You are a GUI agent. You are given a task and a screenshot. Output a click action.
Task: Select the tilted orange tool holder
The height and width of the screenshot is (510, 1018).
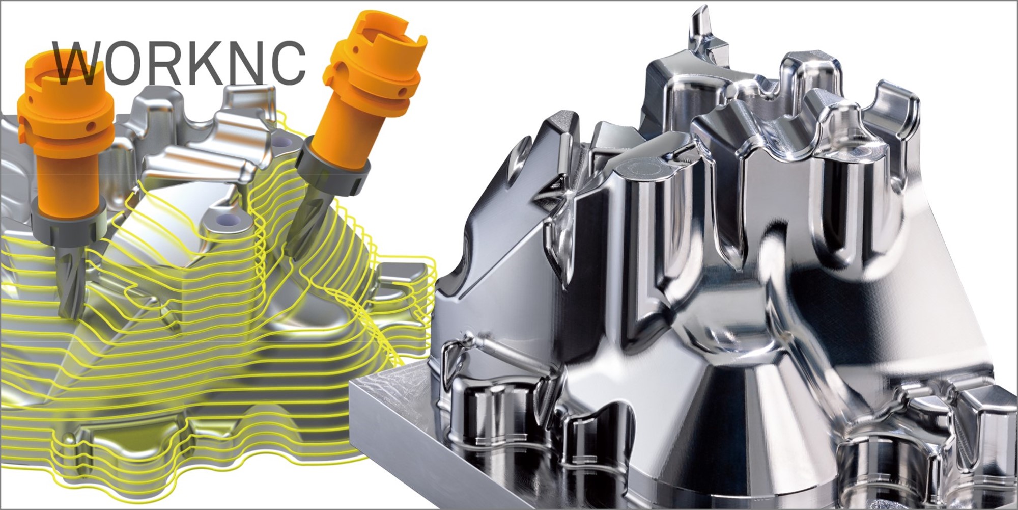pyautogui.click(x=361, y=87)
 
